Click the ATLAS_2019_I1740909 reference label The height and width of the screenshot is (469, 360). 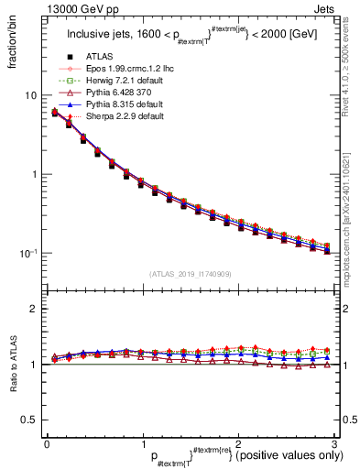click(191, 273)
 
